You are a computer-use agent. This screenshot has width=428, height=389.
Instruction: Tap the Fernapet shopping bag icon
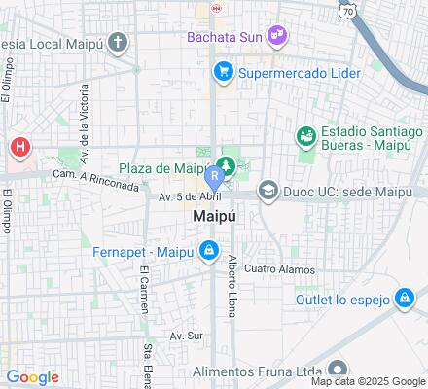(x=208, y=252)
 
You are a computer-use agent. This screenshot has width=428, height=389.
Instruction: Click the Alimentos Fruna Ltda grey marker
(x=338, y=368)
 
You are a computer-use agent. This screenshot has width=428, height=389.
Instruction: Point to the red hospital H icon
(x=19, y=148)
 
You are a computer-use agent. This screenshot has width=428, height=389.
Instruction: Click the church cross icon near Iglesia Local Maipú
(x=118, y=42)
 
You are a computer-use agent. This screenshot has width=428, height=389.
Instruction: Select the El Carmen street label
(x=144, y=289)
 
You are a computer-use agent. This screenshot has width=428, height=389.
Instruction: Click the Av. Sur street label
(x=185, y=336)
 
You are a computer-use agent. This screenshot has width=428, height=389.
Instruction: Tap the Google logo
(x=32, y=377)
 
